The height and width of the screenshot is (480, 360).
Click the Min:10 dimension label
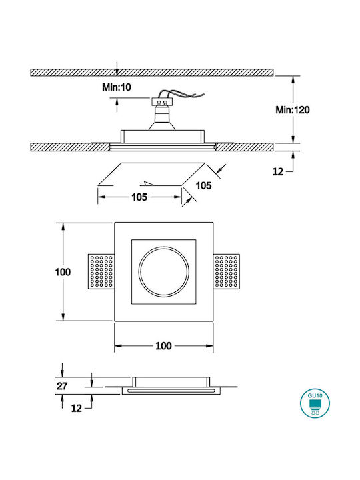coord(116,87)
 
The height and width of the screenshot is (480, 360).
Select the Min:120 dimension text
coord(293,110)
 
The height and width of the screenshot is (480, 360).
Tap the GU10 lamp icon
coord(315,403)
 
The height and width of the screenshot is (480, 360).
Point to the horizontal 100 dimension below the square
coord(163,346)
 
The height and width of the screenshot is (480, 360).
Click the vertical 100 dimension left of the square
coord(63,272)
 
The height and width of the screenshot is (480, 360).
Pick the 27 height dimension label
coord(62,386)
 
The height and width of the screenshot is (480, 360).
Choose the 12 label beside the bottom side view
coord(77,408)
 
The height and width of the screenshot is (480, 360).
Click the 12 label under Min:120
coord(278,172)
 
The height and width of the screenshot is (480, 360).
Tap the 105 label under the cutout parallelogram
coord(139,197)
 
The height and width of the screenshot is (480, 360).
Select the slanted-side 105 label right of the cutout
coord(203,185)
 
